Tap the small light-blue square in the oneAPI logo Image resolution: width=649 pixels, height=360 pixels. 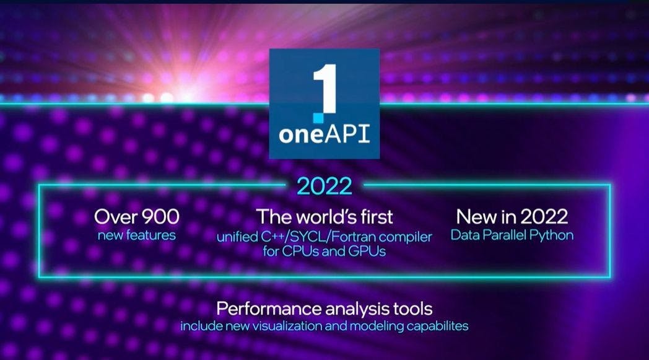click(318, 118)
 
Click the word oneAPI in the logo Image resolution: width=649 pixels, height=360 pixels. click(324, 134)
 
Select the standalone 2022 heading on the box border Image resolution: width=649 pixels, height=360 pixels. click(324, 186)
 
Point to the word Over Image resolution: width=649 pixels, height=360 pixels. click(116, 217)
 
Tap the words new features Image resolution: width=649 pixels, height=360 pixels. click(137, 235)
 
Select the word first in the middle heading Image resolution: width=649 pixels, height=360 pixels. click(376, 217)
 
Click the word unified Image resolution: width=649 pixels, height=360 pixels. click(237, 237)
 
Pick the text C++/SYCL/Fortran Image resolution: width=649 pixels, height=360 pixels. click(318, 237)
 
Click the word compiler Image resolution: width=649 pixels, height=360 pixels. click(406, 237)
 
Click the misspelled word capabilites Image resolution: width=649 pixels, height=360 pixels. click(437, 327)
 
